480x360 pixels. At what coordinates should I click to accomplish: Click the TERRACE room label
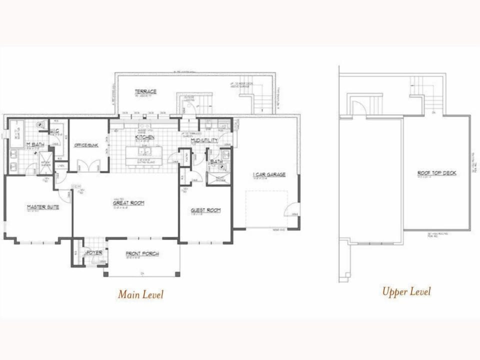[x=145, y=91]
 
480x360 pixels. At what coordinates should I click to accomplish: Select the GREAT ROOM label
[x=128, y=202]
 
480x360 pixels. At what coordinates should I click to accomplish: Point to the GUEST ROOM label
[x=205, y=210]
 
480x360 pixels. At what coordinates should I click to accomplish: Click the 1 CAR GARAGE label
[x=269, y=174]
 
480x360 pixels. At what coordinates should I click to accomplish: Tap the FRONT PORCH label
[x=142, y=254]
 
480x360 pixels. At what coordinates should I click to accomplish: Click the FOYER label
[x=94, y=253]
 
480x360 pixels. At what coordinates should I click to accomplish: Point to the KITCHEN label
[x=144, y=137]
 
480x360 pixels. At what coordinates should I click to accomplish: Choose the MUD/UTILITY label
[x=204, y=140]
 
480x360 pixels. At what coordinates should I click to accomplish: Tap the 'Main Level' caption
[x=140, y=294]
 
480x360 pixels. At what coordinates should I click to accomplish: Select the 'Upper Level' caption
[x=406, y=291]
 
